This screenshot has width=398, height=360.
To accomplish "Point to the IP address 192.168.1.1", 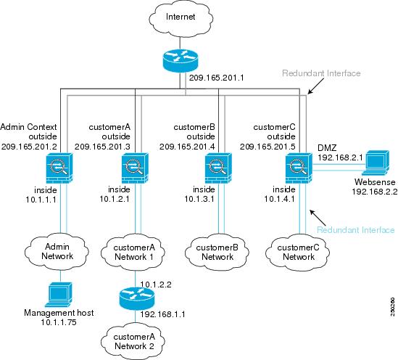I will click(161, 315).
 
